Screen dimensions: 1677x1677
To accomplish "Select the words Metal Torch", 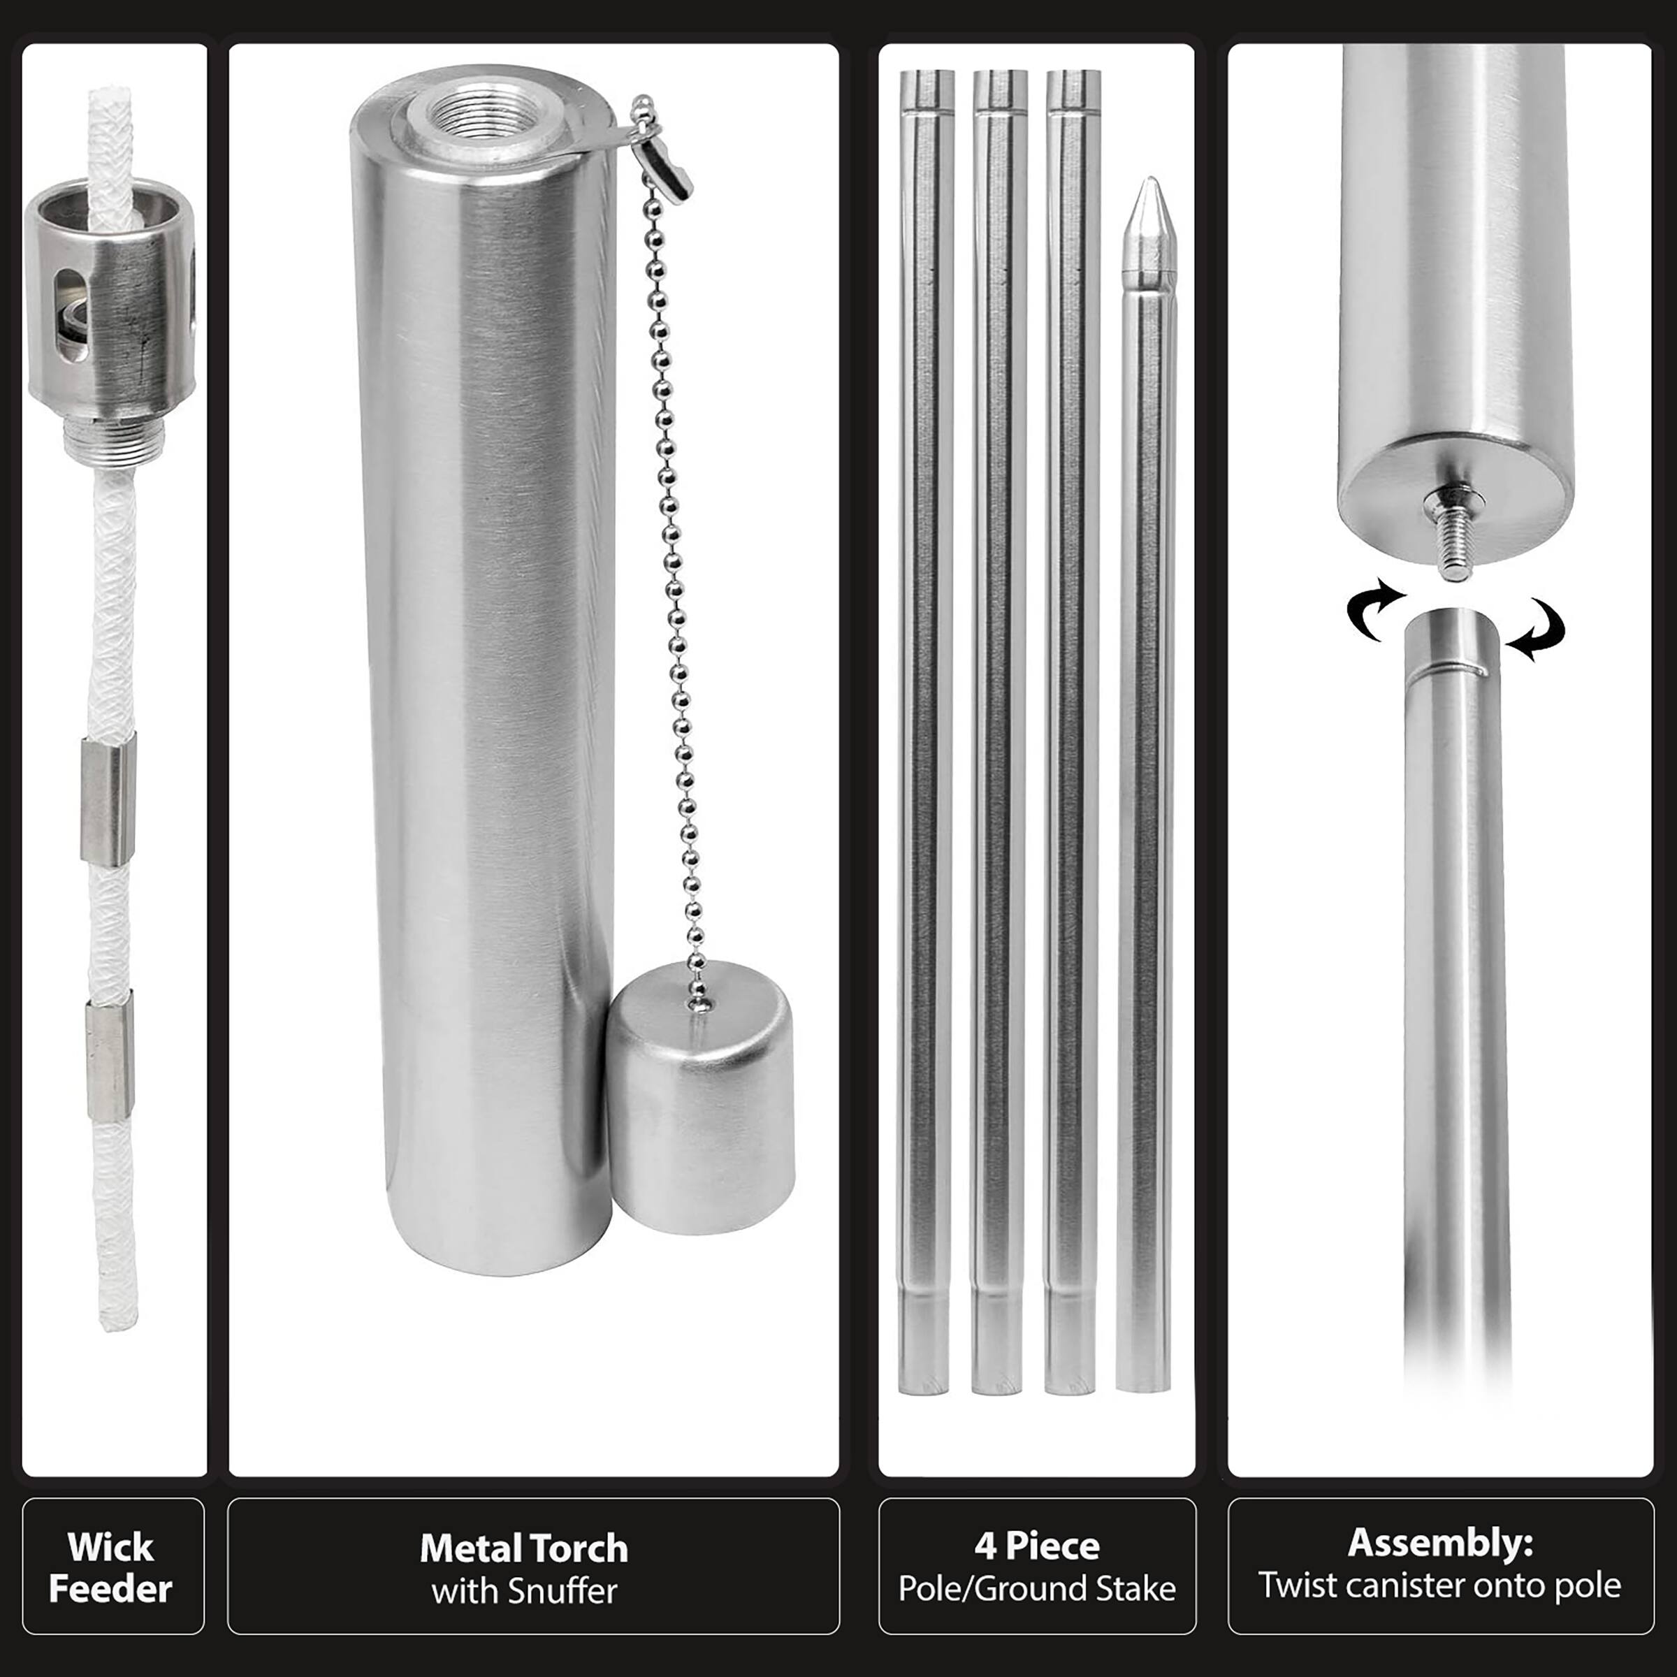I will point(523,1548).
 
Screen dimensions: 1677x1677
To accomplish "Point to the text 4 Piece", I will point(1036,1545).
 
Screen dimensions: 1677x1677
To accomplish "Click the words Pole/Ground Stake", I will point(1036,1588).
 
